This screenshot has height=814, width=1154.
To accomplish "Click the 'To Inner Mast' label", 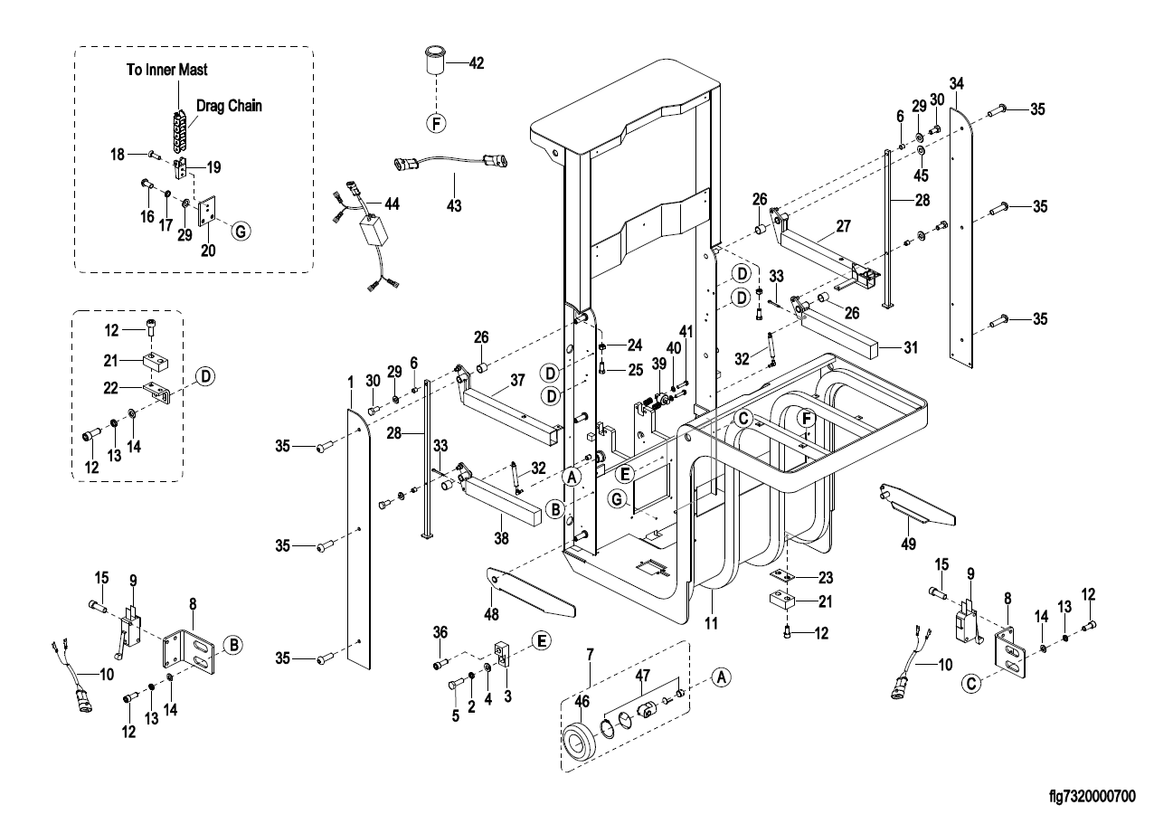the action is coord(167,70).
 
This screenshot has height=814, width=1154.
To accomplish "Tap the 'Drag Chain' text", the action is coord(229,106).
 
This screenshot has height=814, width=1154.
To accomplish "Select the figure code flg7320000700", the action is coord(1093,797).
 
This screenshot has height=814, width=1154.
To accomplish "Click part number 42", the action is coord(477,62).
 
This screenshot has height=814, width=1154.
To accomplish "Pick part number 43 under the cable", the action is coord(454,205).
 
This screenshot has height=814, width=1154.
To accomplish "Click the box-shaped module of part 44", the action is coord(375,231).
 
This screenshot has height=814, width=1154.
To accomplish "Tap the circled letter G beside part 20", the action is coord(241,232).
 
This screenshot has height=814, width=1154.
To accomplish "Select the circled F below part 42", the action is coord(436,124).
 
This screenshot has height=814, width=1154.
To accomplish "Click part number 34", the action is coord(957,83).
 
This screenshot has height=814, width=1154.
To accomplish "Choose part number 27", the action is coord(844,225).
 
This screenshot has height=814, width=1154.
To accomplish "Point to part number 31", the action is coord(911,347).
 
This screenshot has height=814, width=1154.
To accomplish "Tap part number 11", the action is coord(711,623).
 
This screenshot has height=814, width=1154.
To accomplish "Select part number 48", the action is coord(491,614).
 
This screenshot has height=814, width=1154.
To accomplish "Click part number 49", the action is coord(908,544).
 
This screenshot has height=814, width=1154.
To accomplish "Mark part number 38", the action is coord(501,538).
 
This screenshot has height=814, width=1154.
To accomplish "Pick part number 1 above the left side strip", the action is coord(351,383).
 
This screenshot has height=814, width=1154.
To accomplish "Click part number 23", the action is coord(826,578).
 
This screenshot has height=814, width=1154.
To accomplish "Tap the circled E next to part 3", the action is coord(542,641).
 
